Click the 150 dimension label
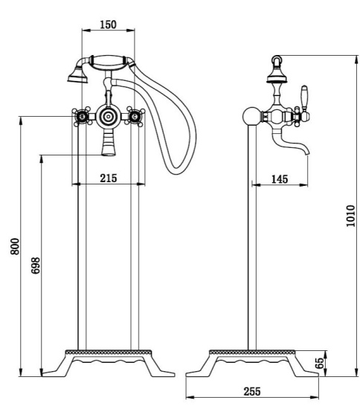(x=109, y=25)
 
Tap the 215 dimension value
(x=109, y=178)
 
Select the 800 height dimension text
(x=15, y=246)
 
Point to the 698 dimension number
(x=36, y=265)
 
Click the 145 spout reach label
(x=280, y=179)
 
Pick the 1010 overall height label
(x=350, y=216)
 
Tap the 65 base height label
(x=320, y=363)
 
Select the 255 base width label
(x=252, y=391)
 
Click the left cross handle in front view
(x=82, y=116)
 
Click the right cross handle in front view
(x=135, y=116)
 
